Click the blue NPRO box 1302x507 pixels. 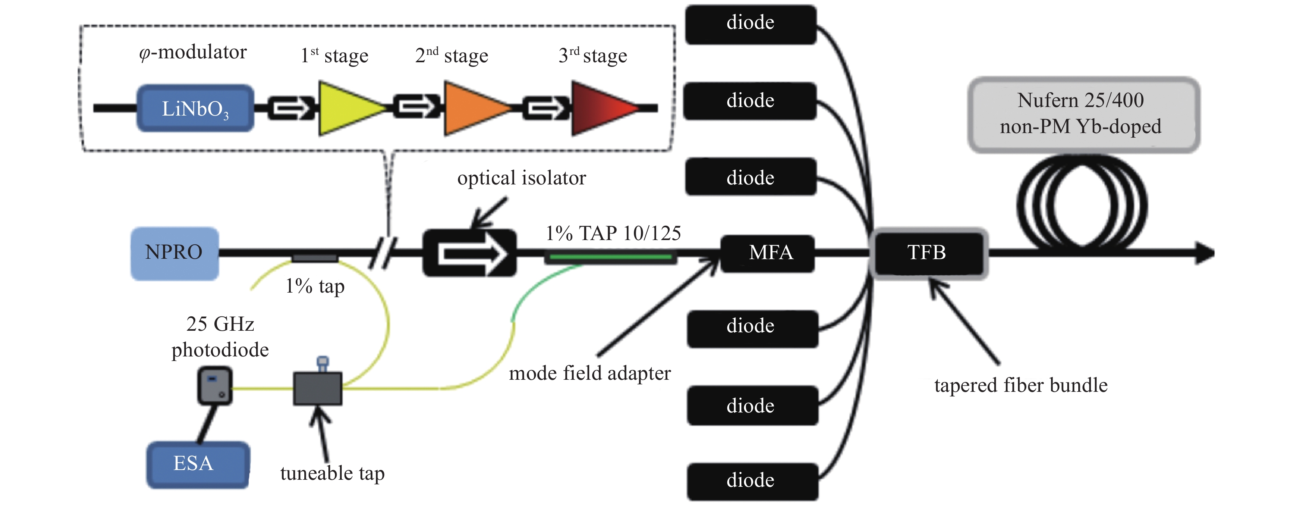[174, 253]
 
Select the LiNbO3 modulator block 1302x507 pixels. [195, 108]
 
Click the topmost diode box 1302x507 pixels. [751, 24]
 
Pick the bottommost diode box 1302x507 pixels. [752, 481]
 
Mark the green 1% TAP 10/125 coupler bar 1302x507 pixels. [611, 257]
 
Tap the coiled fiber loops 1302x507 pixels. [1082, 204]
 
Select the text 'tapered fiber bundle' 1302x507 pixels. [1021, 385]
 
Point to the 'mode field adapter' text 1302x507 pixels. [590, 374]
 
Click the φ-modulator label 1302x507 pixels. [193, 52]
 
